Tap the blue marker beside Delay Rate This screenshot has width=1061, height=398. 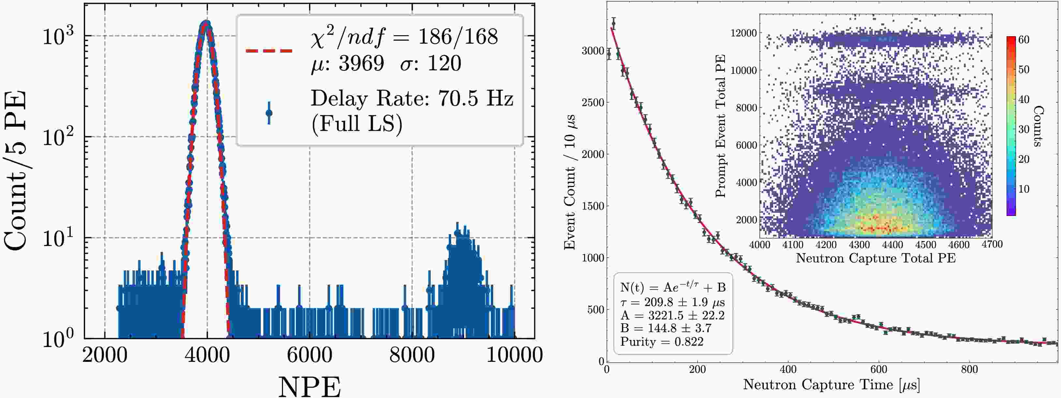tap(269, 113)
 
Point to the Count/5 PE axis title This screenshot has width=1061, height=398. tap(16, 170)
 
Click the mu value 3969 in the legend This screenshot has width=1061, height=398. tap(361, 64)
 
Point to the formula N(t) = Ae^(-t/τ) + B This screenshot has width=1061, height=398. tap(672, 287)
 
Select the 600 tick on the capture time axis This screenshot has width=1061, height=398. tap(878, 369)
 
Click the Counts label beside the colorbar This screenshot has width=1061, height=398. tap(1039, 126)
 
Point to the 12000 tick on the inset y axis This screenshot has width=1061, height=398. tap(744, 33)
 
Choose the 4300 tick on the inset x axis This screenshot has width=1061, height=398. tap(859, 245)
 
